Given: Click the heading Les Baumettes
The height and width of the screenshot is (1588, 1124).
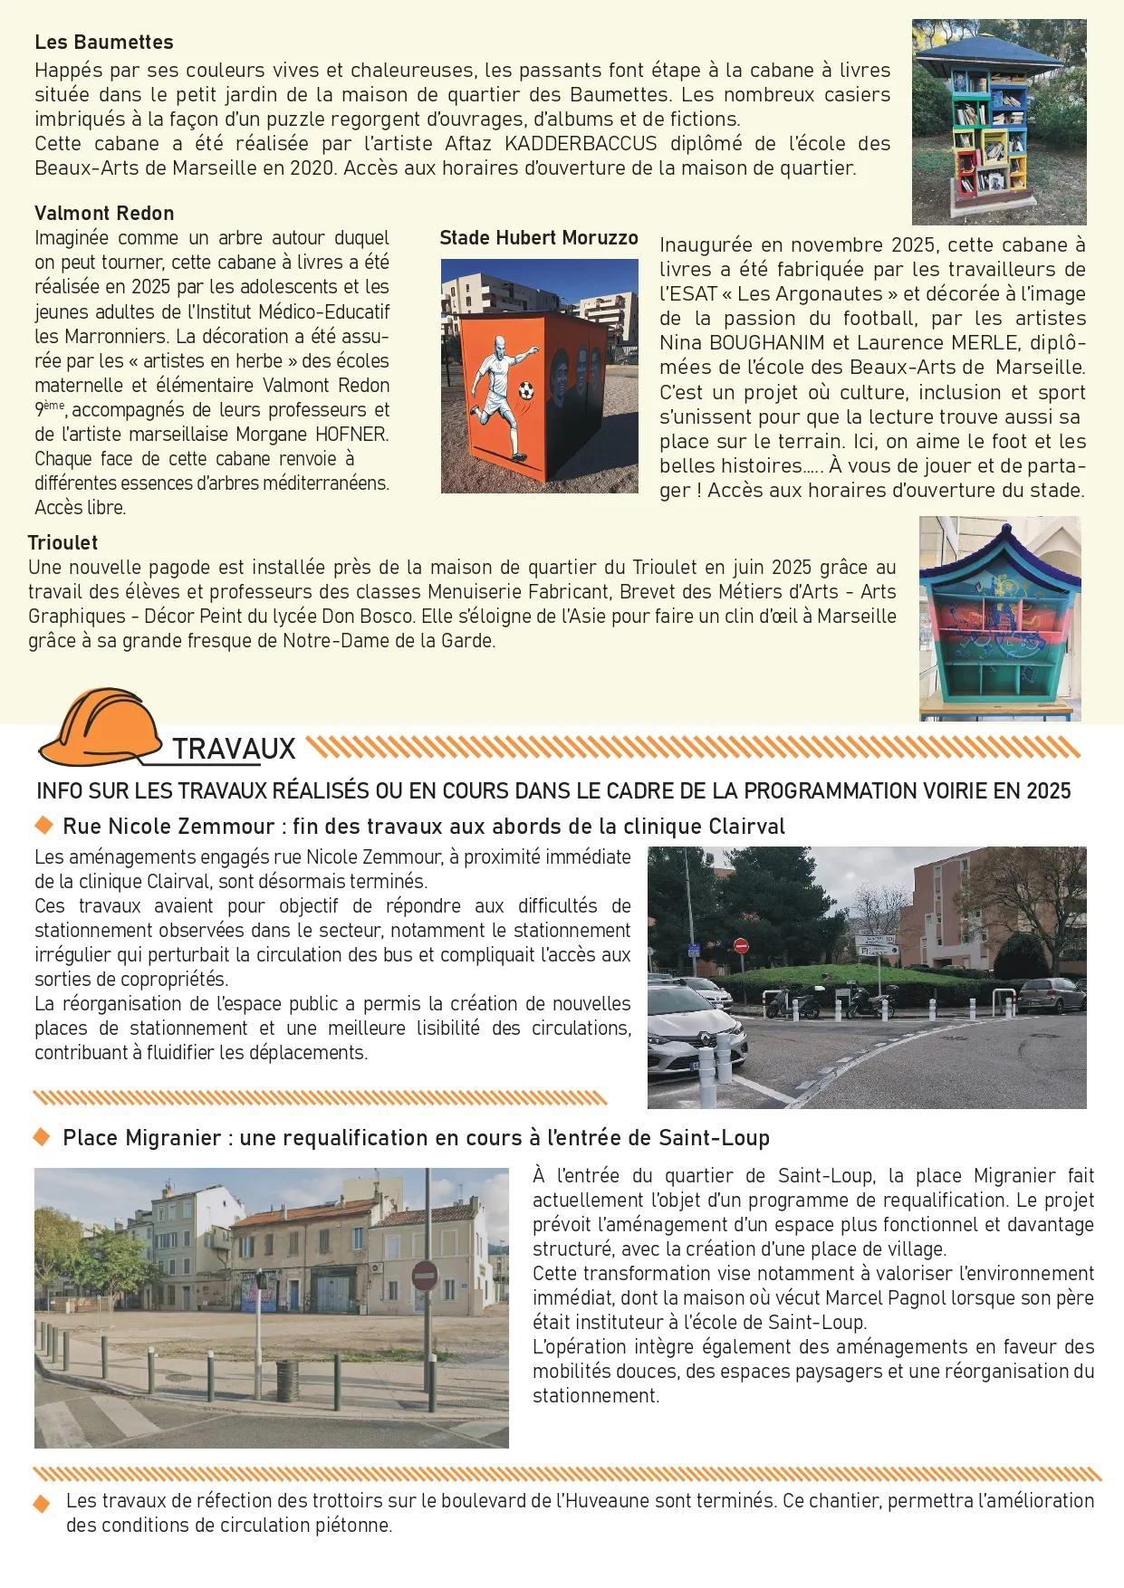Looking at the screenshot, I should [x=103, y=43].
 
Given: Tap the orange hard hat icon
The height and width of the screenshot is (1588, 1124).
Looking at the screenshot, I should [x=100, y=727].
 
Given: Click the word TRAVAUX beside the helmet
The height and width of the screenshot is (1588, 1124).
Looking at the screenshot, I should [x=234, y=750].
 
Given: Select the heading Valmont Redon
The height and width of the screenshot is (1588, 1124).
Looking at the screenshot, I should [x=104, y=214].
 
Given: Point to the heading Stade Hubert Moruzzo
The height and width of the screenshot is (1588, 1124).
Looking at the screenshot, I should [x=539, y=238].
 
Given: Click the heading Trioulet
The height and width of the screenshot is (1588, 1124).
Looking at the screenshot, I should [x=62, y=543].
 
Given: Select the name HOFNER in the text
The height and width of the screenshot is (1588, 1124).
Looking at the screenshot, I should [x=351, y=435].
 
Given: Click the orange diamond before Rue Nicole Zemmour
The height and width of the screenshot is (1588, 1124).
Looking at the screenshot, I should [x=43, y=826].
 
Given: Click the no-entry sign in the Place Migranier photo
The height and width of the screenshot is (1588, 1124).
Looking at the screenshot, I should [x=425, y=1275].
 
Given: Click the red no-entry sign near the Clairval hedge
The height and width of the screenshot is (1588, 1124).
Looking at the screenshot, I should [x=741, y=946].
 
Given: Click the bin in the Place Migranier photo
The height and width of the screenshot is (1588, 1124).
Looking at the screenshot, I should [x=287, y=1380].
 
